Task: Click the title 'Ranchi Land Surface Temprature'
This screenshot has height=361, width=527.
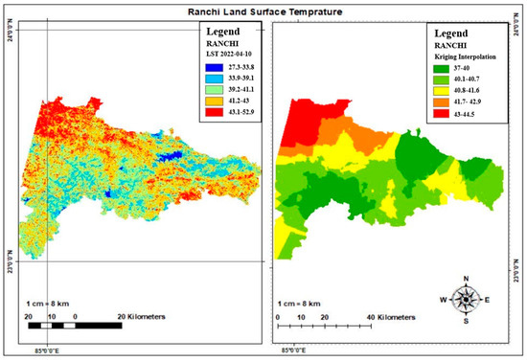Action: [x=263, y=11]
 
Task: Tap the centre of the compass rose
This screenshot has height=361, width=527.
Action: [x=467, y=299]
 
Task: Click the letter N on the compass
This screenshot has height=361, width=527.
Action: [x=467, y=279]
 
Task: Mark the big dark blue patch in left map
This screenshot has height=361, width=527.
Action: [x=172, y=157]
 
